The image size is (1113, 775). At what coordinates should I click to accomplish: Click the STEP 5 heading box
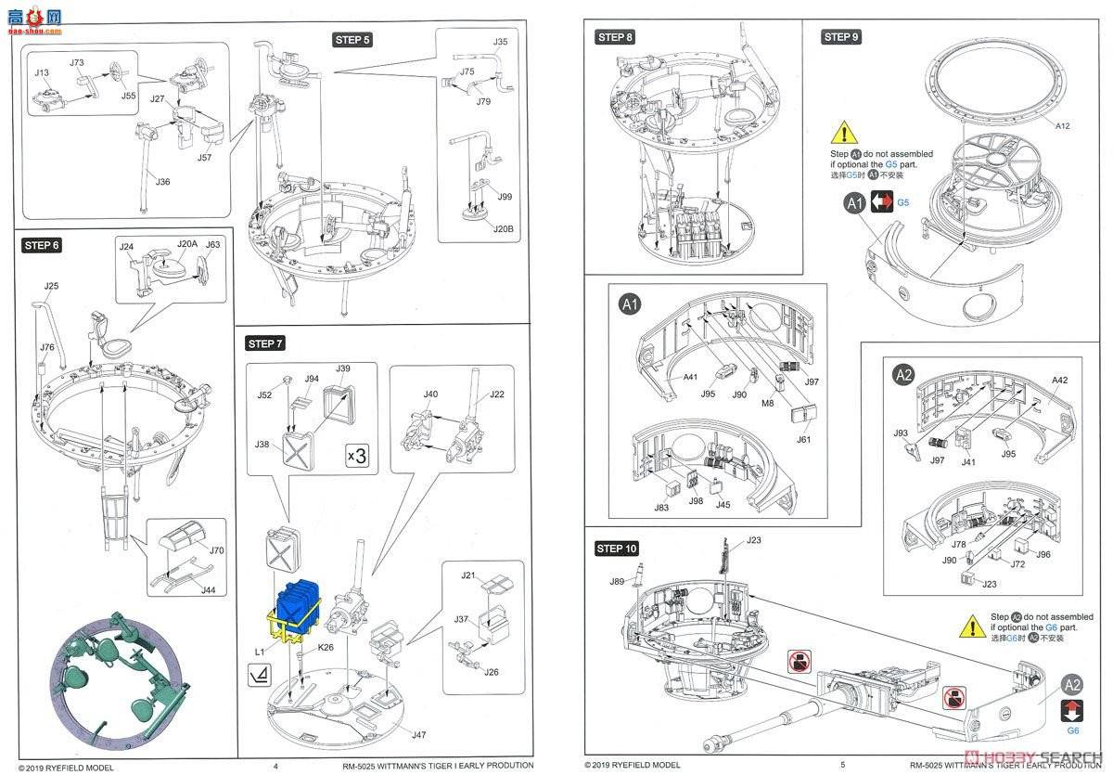pos(352,39)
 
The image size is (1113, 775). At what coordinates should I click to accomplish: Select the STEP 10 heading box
pos(617,549)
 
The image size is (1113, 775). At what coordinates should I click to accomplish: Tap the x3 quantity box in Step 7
pos(357,456)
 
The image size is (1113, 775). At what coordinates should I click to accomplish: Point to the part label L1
pos(261,653)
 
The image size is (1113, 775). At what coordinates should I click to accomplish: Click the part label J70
pos(216,549)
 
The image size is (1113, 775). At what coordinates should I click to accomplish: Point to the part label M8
pos(768,403)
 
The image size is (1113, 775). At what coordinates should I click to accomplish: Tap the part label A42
pos(1060,380)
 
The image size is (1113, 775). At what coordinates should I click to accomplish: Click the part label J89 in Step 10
pos(617,582)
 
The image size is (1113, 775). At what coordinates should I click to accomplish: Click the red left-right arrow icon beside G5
pos(882,201)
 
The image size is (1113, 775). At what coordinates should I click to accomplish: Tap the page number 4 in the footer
pos(275,766)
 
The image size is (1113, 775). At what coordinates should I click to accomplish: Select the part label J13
pos(42,71)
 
